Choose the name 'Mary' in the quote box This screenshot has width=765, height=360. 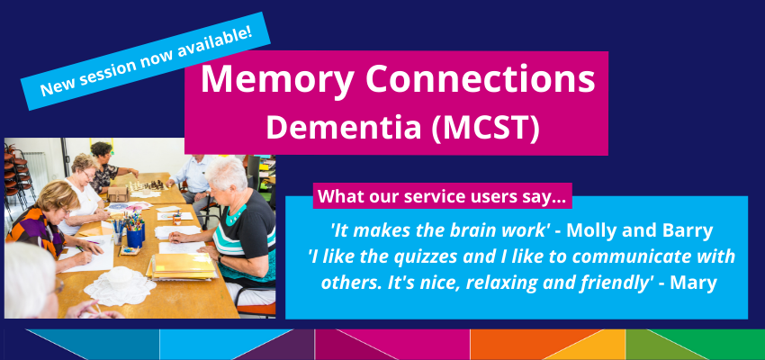pos(694,283)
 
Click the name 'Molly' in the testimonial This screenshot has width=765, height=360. pos(590,231)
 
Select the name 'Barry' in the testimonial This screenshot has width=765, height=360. pos(689,231)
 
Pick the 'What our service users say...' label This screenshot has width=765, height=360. pos(442,196)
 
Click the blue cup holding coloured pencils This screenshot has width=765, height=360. pos(135,238)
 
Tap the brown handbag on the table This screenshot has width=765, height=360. pos(118,193)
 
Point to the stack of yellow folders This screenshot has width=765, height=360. pos(182,266)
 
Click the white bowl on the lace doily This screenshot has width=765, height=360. pos(119,277)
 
